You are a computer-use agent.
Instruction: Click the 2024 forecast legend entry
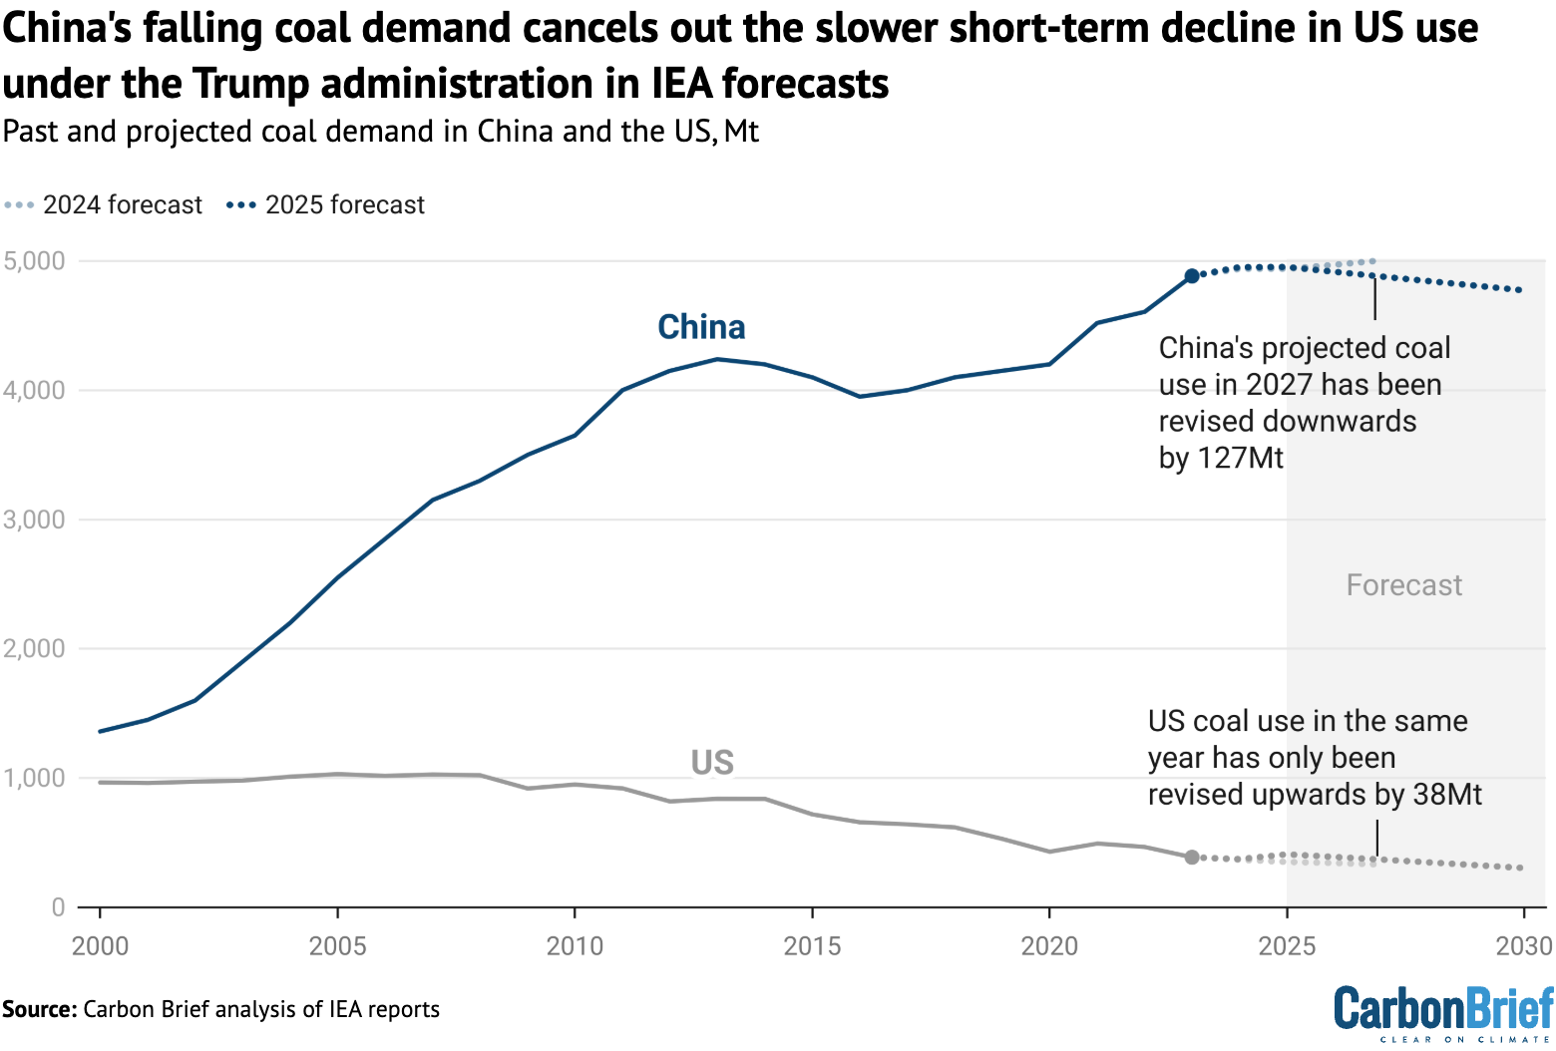click(104, 205)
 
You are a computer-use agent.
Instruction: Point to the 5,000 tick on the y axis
click(34, 261)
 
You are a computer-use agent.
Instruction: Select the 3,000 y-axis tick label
click(34, 520)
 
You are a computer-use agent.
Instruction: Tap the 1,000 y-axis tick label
click(34, 778)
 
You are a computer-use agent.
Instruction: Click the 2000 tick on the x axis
click(100, 945)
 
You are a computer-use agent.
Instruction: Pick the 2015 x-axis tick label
click(812, 945)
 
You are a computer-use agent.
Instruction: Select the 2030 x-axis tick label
click(1523, 945)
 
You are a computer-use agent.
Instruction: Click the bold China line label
click(701, 327)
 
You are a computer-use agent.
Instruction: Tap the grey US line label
click(712, 763)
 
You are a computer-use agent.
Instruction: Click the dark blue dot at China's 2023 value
click(1192, 276)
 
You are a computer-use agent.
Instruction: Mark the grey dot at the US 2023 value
click(1192, 857)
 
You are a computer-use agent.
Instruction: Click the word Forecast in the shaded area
click(1403, 585)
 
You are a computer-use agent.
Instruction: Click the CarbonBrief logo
click(1443, 1011)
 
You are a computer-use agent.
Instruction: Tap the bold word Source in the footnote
click(38, 1009)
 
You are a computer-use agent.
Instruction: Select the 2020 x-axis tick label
click(1049, 945)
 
